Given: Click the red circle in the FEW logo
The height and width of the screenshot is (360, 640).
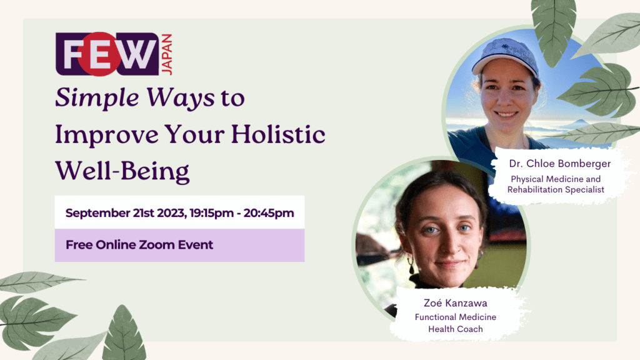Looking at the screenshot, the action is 99,54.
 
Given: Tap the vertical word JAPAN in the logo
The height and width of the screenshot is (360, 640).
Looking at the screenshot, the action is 167,54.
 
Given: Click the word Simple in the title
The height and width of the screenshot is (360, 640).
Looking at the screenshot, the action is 97,98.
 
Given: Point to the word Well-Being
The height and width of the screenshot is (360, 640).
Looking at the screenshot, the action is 122,171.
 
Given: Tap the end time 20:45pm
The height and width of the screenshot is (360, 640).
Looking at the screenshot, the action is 269,213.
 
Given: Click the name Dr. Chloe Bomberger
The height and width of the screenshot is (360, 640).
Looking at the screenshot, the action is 559,164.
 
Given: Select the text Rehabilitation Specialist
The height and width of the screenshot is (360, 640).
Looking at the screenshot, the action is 556,189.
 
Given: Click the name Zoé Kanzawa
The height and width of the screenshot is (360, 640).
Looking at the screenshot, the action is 456,303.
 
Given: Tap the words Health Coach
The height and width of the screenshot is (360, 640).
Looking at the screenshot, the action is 456,329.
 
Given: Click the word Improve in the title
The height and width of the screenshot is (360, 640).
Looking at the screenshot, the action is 106,135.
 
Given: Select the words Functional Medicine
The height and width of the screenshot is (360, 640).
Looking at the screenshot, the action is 456,317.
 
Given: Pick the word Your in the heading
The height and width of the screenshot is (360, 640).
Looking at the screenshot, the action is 195,134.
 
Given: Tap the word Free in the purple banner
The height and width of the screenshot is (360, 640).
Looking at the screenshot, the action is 79,244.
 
